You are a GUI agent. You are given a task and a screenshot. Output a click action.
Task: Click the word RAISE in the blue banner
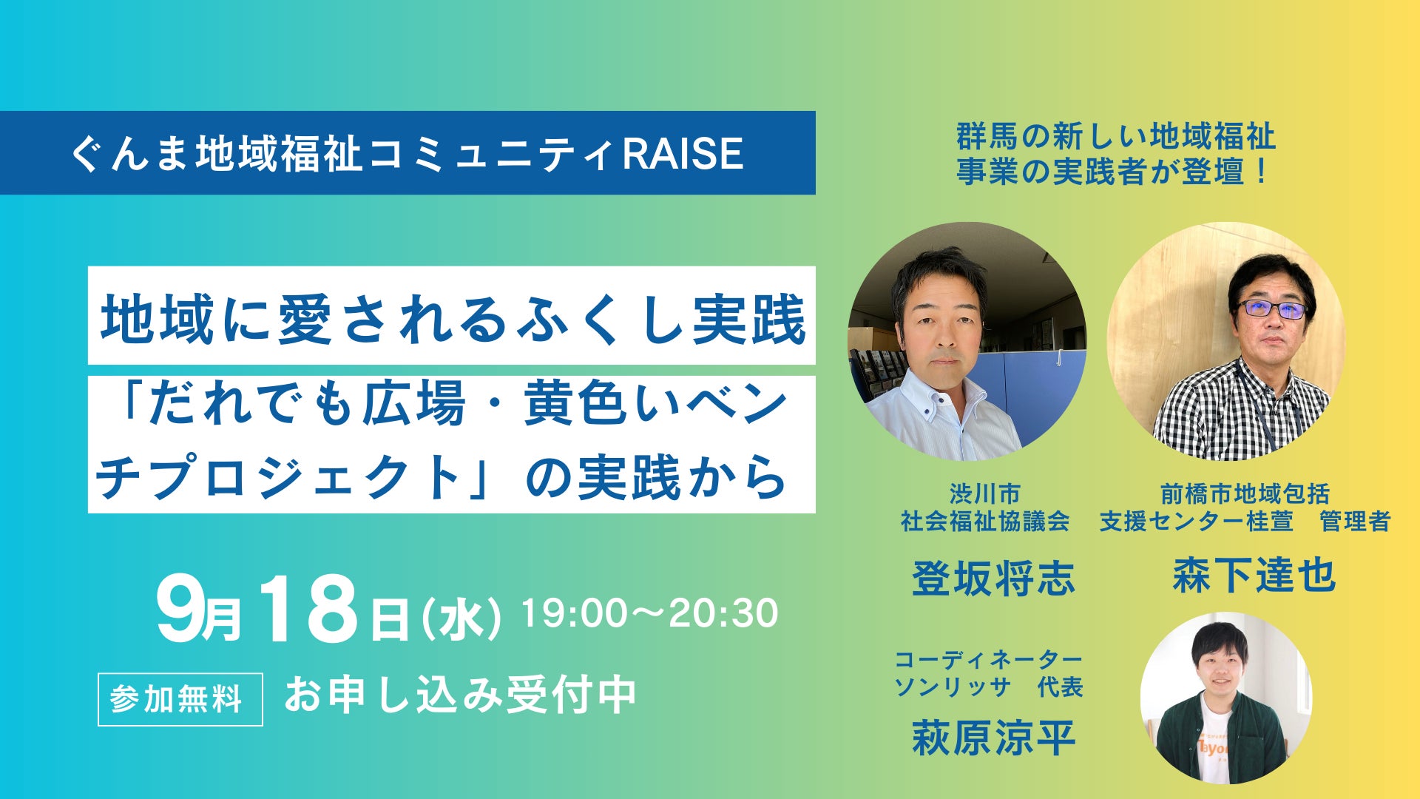pos(683,153)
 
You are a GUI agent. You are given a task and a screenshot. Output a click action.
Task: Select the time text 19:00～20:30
pos(650,613)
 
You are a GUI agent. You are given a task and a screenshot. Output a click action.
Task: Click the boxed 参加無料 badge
pos(180,699)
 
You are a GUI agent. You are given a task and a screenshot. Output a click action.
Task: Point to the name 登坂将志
pos(993,578)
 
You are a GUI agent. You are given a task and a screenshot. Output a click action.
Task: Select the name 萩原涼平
pos(993,738)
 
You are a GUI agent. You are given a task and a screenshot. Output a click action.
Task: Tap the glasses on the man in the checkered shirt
pos(1272,309)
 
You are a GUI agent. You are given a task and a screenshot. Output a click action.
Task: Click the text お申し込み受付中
pos(460,695)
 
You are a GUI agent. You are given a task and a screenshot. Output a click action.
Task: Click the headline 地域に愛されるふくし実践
pos(453,319)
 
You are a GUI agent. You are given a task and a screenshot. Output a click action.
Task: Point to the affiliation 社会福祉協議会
pos(985,522)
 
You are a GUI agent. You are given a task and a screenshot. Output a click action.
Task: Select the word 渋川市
pos(985,493)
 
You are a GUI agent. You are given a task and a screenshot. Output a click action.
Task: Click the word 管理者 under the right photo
pos(1355,522)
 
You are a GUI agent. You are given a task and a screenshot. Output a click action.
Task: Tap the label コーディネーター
pos(989,658)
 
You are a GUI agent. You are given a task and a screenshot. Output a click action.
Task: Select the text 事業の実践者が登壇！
pos(1113,172)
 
